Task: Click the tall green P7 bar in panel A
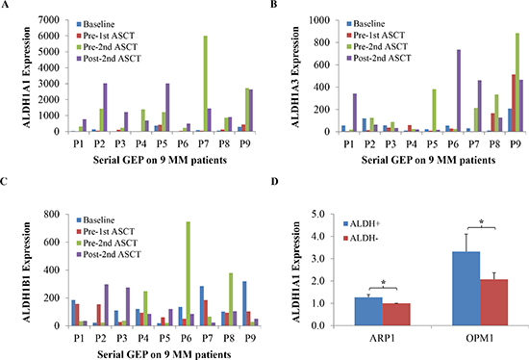[x=206, y=84]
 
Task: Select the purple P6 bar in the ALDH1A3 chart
[x=459, y=90]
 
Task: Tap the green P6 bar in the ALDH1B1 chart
[x=189, y=273]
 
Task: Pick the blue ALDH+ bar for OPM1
[x=466, y=289]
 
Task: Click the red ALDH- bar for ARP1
[x=396, y=315]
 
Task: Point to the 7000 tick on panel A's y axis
[x=59, y=20]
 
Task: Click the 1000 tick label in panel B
[x=319, y=20]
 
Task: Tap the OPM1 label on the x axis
[x=480, y=338]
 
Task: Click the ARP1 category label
[x=383, y=338]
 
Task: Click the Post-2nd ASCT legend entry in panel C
[x=109, y=254]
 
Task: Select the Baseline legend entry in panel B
[x=365, y=24]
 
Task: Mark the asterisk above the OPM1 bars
[x=482, y=222]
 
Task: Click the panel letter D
[x=275, y=181]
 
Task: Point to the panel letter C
[x=4, y=181]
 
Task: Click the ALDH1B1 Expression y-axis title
[x=27, y=272]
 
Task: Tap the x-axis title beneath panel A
[x=160, y=160]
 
